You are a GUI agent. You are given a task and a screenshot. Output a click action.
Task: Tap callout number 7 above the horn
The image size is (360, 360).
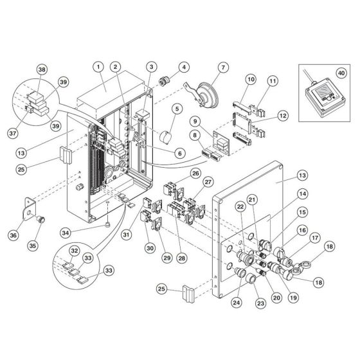tap(223, 67)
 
